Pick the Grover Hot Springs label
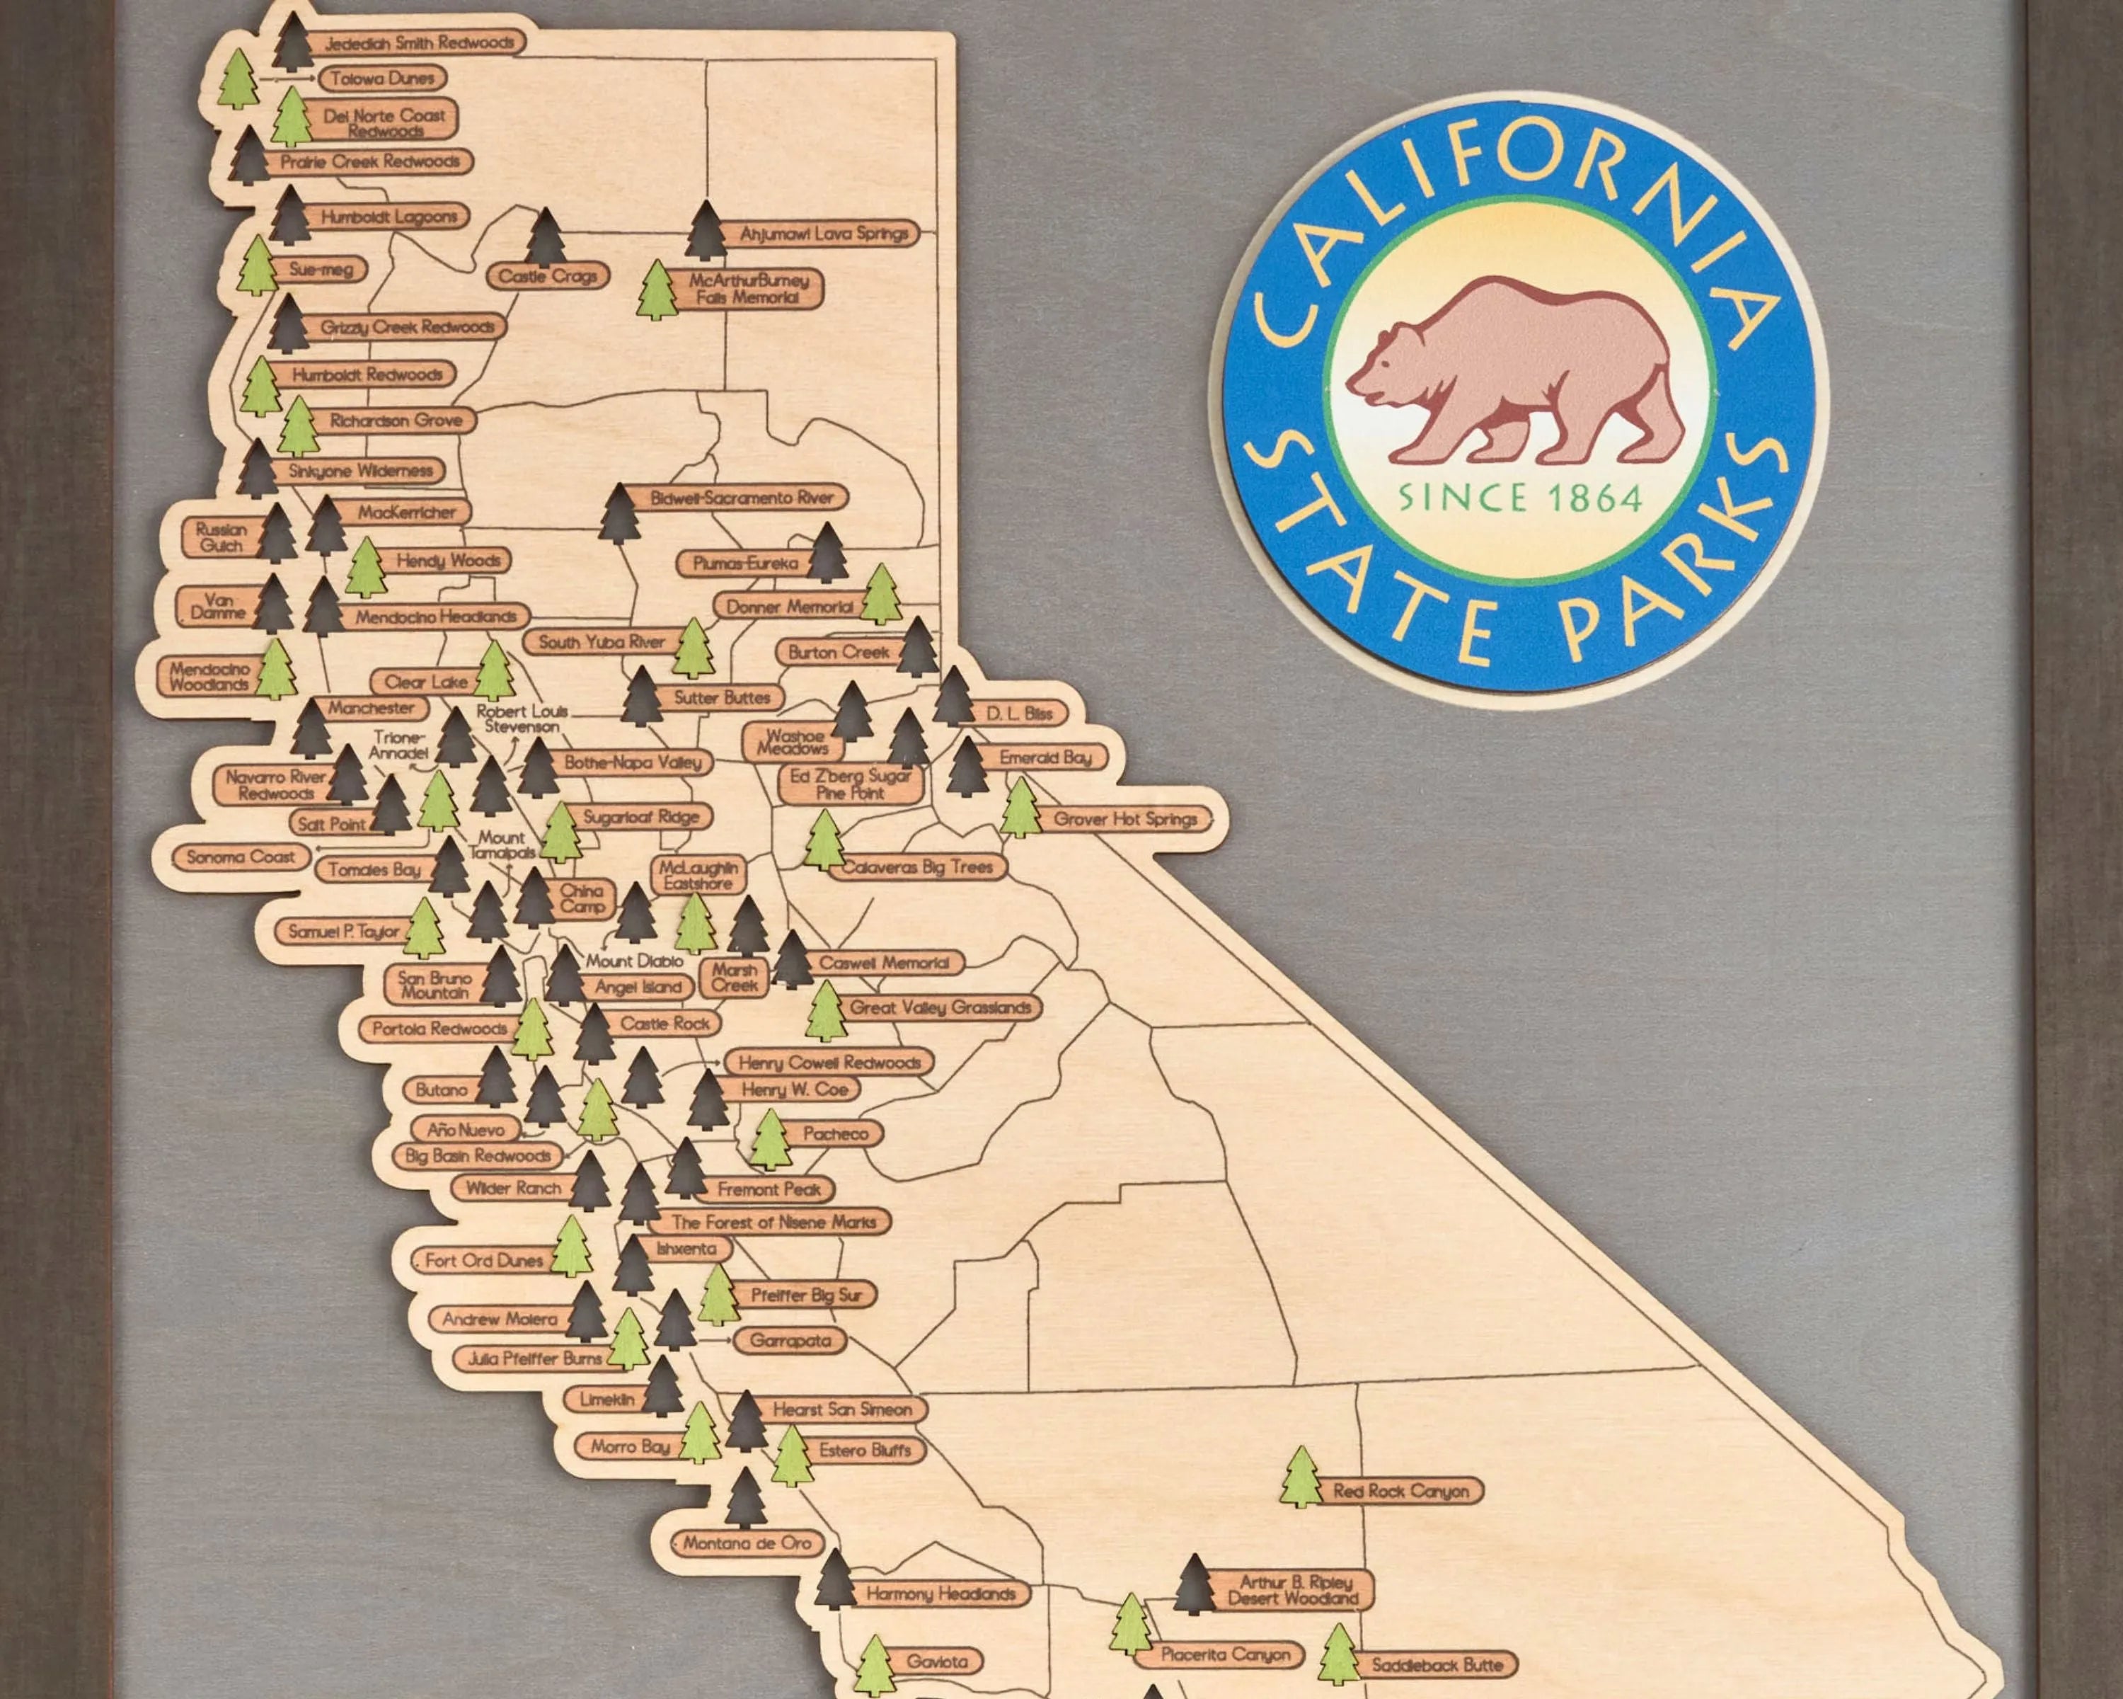coord(1124,818)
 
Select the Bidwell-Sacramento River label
coord(742,498)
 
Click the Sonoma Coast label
coord(241,857)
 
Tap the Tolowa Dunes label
coord(382,79)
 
